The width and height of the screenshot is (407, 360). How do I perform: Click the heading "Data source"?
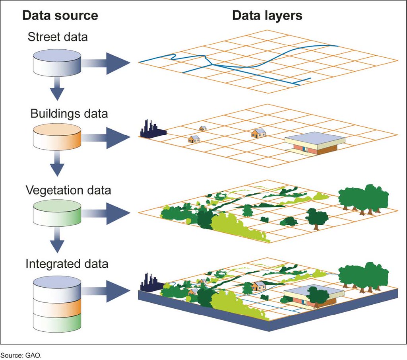(x=60, y=16)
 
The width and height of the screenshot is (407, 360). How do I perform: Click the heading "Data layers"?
(x=267, y=16)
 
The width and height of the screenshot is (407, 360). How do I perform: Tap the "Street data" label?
(x=58, y=37)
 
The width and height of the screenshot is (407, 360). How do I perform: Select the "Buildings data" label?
(x=69, y=113)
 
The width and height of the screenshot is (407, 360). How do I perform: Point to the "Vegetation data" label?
(x=68, y=190)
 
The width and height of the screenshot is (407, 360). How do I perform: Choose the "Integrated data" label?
(x=67, y=263)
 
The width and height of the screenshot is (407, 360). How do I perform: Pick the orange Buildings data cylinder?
(x=57, y=138)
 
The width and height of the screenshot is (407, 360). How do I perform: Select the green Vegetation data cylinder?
(x=57, y=212)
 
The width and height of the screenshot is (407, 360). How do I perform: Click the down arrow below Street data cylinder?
(x=57, y=90)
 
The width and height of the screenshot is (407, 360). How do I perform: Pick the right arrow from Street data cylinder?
(x=107, y=63)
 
